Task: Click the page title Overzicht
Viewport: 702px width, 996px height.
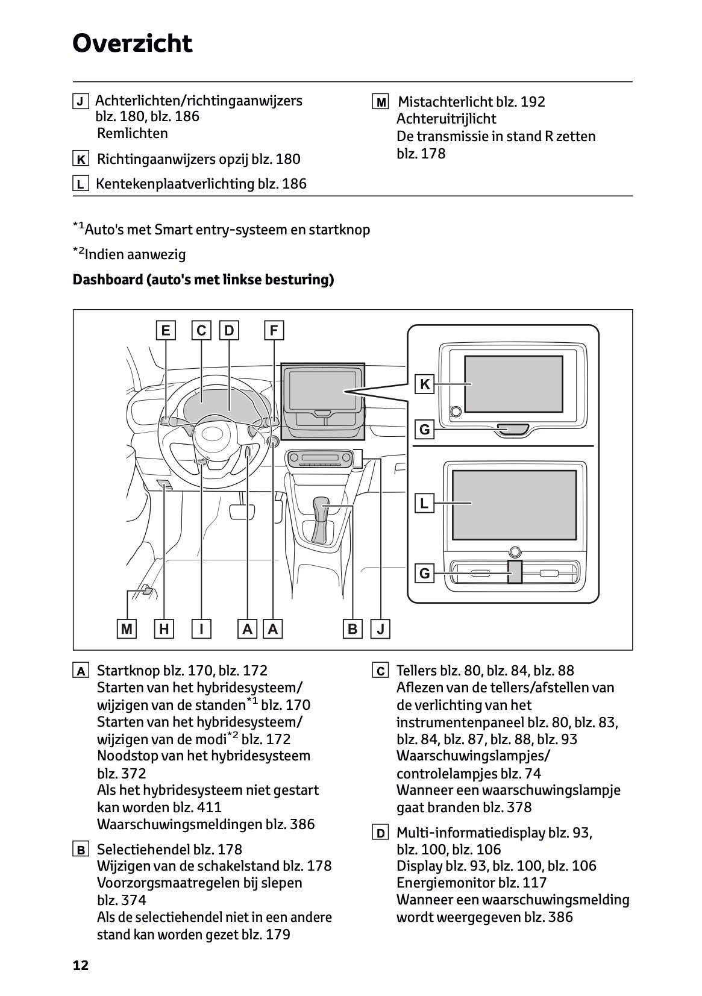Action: coord(132,44)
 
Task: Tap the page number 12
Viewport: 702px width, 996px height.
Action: coord(80,965)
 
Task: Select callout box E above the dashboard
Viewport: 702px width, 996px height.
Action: coord(165,330)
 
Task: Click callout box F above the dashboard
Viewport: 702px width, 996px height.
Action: coord(274,330)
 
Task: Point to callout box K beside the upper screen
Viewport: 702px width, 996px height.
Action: coord(425,384)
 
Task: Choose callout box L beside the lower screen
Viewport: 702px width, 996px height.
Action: coord(425,503)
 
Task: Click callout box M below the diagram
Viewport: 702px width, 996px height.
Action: coord(127,629)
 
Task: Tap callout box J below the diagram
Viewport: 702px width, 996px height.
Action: coord(380,629)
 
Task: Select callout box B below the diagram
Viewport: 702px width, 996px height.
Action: coord(353,629)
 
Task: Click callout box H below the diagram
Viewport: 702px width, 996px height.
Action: coord(164,629)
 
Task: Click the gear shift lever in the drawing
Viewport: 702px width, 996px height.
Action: coord(323,512)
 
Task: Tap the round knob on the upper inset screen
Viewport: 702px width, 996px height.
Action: coord(456,411)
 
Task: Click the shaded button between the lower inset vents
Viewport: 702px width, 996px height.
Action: coord(514,571)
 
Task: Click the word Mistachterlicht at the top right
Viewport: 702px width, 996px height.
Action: coord(445,102)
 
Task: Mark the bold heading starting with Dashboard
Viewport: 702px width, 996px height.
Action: coord(203,280)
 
